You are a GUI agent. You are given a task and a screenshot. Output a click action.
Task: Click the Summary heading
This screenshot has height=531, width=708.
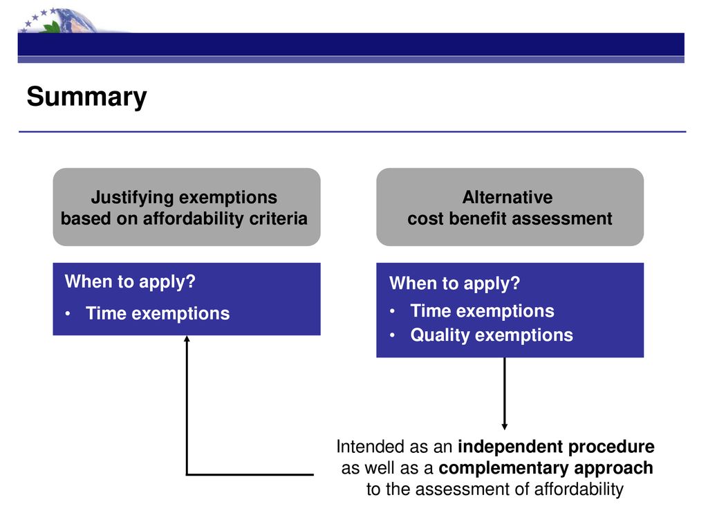coord(86,97)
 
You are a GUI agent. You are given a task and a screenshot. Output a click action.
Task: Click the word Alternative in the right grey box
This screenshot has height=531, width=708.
coord(507,197)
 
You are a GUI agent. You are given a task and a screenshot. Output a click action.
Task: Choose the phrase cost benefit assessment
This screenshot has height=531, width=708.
coord(510,218)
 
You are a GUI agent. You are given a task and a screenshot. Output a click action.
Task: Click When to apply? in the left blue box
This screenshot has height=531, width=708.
coord(130,282)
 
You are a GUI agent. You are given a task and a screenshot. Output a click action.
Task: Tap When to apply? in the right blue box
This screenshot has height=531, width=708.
coord(455,283)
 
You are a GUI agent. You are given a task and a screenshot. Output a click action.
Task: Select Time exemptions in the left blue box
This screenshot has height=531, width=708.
coord(158,313)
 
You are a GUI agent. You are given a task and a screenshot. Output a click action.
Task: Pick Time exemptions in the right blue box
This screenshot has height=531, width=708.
coord(482,311)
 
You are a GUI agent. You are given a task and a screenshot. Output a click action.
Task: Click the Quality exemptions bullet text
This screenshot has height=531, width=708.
coord(492,335)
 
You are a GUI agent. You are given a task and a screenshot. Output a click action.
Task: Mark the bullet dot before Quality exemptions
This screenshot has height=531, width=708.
coord(393,335)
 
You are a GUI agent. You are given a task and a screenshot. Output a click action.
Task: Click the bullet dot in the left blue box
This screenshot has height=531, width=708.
coord(68,313)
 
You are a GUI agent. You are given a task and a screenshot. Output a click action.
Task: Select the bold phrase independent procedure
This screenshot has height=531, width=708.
coord(557,447)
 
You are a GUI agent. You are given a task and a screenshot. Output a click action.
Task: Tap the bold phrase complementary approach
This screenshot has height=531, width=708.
coord(546,468)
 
